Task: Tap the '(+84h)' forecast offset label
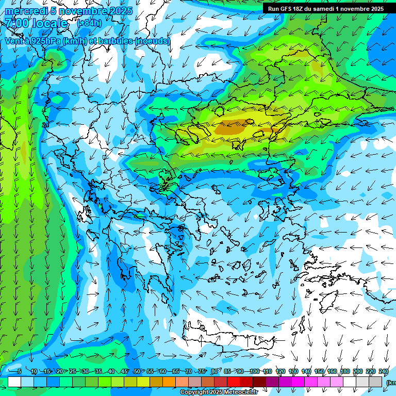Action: click(89, 23)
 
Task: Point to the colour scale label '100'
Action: click(254, 371)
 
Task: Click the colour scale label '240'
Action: click(384, 371)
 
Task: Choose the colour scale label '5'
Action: click(20, 371)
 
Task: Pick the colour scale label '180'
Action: click(345, 371)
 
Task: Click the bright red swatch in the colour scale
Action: click(234, 382)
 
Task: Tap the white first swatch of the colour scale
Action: click(14, 382)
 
